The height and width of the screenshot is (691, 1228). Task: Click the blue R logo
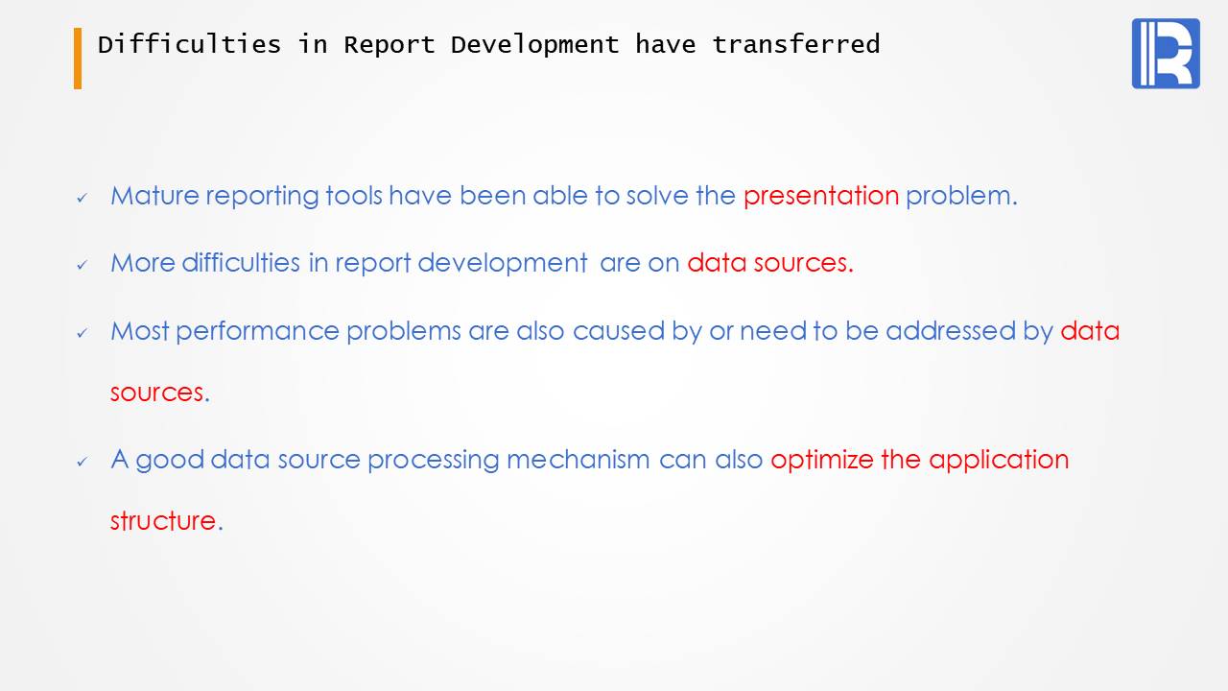click(1166, 53)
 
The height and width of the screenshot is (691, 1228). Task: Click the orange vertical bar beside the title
click(78, 59)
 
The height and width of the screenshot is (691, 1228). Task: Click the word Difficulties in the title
click(189, 44)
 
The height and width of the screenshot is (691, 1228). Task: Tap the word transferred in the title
click(796, 44)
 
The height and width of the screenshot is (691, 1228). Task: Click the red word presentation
click(821, 196)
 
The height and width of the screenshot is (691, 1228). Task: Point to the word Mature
click(154, 196)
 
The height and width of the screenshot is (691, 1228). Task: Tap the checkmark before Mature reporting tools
click(83, 198)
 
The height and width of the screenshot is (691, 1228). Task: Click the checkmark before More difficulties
click(83, 266)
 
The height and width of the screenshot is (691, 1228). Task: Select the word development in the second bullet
click(503, 263)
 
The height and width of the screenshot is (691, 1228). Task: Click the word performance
click(258, 331)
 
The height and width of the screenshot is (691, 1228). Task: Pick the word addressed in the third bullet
click(951, 331)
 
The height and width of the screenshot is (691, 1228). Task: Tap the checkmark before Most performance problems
click(83, 333)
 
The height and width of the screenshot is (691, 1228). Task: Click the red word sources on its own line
click(156, 393)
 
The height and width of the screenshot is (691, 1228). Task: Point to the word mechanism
click(579, 459)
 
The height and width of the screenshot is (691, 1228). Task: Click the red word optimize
click(822, 460)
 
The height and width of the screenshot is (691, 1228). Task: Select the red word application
click(999, 460)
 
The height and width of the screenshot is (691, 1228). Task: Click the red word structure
click(163, 520)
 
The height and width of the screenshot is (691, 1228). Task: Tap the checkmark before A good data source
click(83, 462)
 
